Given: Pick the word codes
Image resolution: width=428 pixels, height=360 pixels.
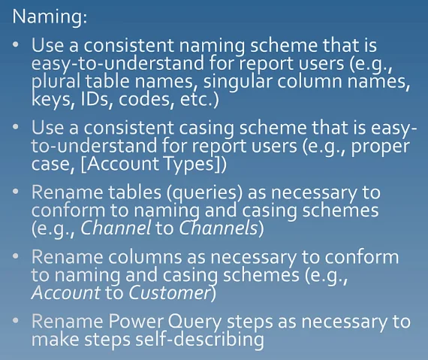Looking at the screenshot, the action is tap(146, 99).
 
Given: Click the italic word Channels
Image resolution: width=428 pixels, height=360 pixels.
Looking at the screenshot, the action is tap(219, 228).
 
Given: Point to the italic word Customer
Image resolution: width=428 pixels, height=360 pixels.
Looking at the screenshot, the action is tap(169, 293).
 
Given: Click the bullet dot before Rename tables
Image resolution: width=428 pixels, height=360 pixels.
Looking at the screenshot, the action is tap(16, 192).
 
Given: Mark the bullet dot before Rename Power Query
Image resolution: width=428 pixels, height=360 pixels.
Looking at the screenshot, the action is tap(16, 320).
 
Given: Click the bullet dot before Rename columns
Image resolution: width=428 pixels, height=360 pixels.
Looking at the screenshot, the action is tap(16, 256).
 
